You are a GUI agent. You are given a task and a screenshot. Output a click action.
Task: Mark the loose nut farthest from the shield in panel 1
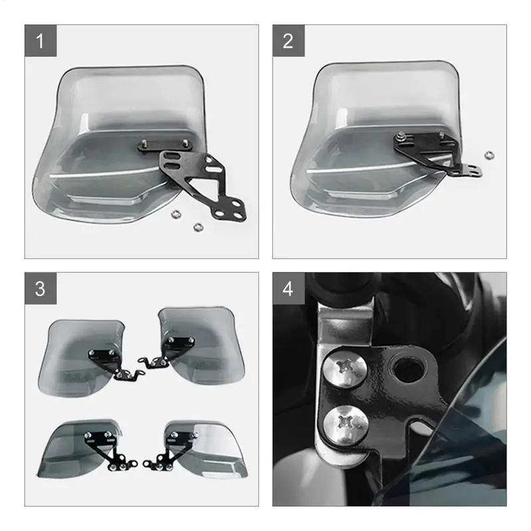196,226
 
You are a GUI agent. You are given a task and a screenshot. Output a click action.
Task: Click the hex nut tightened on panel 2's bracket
401,137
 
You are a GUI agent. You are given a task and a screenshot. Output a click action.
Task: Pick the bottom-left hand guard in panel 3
76,445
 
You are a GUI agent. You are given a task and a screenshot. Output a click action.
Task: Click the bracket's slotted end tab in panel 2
472,171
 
